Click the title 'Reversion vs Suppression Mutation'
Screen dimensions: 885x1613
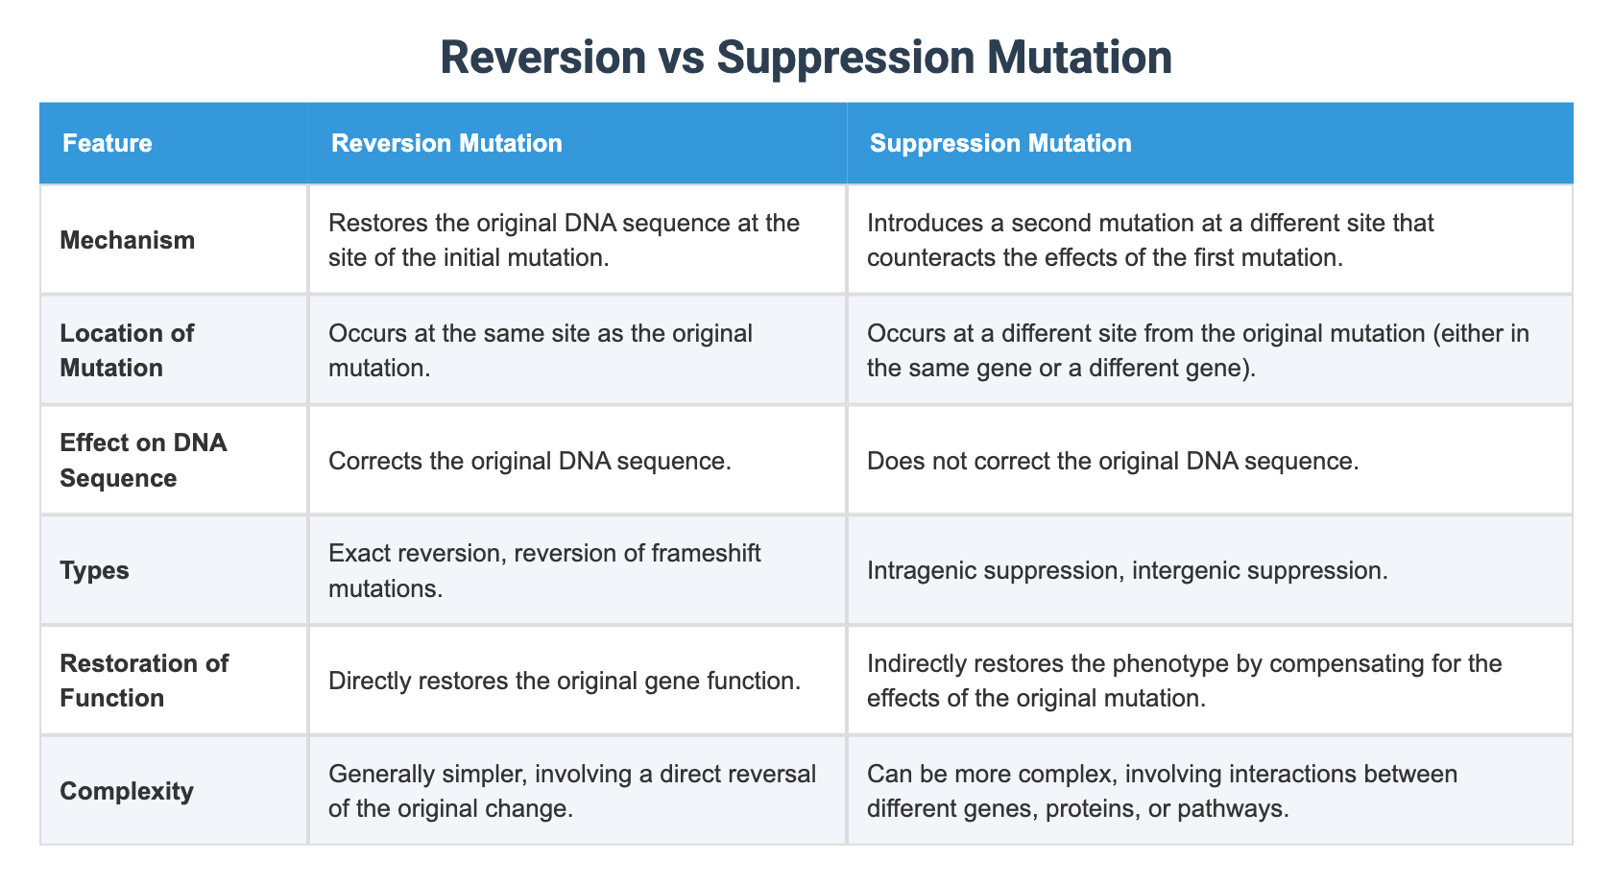click(806, 58)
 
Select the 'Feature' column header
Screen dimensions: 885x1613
click(107, 144)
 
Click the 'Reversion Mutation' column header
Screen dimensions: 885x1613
click(446, 144)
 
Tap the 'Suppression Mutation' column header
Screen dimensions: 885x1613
click(999, 144)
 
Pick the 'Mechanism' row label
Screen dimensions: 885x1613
click(127, 240)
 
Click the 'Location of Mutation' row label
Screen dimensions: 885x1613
click(127, 350)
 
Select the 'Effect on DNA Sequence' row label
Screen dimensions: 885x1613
click(143, 461)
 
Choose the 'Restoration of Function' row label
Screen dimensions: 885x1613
click(144, 681)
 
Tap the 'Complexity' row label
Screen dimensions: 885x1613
click(127, 792)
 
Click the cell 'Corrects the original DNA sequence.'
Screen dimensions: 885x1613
click(530, 461)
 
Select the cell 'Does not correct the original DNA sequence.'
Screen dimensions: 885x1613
click(1113, 461)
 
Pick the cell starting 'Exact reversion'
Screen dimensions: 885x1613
click(544, 571)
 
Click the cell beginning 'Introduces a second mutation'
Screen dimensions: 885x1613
click(1150, 240)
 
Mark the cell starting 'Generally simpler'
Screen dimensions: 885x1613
click(571, 791)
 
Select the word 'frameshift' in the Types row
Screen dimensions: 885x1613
click(714, 554)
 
